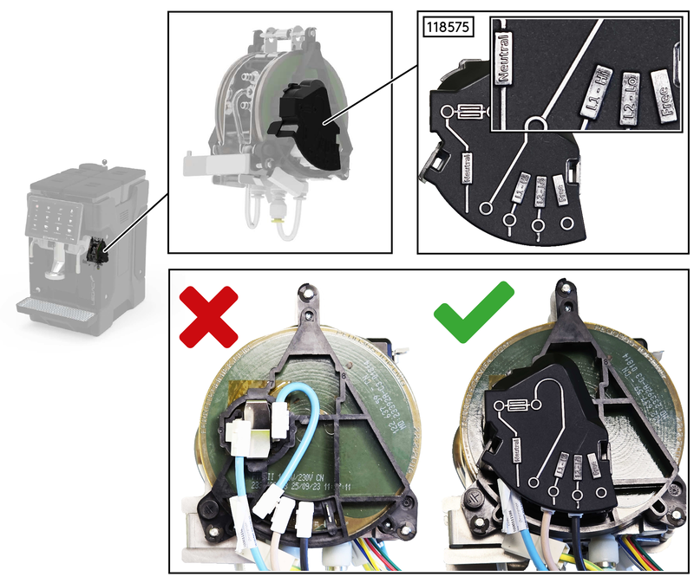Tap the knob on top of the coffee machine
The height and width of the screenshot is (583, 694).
(x=103, y=160)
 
